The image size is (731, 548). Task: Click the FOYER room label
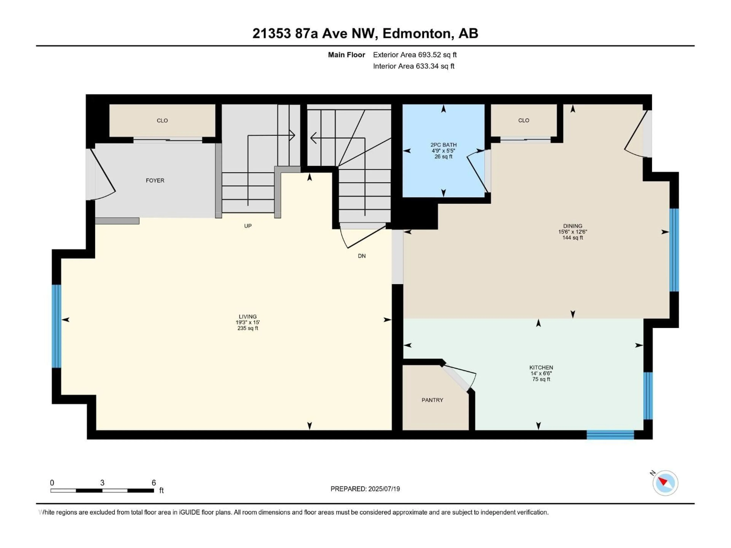coord(155,180)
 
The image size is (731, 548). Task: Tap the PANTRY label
coord(432,400)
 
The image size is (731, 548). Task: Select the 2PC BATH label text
coord(444,145)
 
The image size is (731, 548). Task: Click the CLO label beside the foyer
coord(162,121)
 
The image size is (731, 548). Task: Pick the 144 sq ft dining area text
coord(573,238)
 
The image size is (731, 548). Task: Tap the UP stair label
coord(248,226)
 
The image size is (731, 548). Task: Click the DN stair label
coord(362,256)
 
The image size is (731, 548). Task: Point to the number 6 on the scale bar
coord(154,483)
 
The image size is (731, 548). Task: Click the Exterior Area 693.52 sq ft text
coord(415,55)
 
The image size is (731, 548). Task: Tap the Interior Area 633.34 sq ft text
coord(413,66)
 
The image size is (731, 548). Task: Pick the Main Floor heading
coord(346,55)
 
